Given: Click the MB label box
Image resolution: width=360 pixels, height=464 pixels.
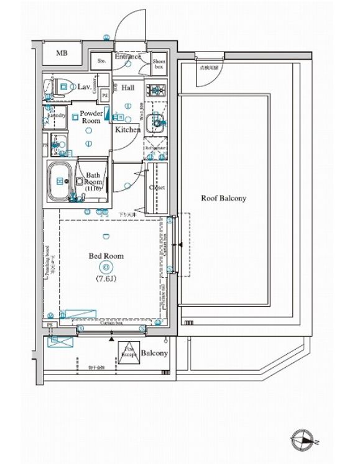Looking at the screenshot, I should pyautogui.click(x=62, y=53).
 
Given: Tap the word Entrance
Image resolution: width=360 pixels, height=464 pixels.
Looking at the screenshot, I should pyautogui.click(x=128, y=57).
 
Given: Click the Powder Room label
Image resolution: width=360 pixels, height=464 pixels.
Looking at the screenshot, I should pyautogui.click(x=91, y=117).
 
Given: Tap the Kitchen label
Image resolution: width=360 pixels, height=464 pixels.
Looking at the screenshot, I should pyautogui.click(x=127, y=130).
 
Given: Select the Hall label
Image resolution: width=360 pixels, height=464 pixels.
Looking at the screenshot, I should pyautogui.click(x=127, y=88).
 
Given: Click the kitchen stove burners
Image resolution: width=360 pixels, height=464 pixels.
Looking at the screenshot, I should pyautogui.click(x=156, y=90).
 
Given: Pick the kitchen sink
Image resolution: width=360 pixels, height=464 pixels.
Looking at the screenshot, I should pyautogui.click(x=156, y=122).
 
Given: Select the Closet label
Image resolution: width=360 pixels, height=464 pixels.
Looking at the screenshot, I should pyautogui.click(x=157, y=187).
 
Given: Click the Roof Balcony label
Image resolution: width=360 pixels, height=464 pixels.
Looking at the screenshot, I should pyautogui.click(x=223, y=199).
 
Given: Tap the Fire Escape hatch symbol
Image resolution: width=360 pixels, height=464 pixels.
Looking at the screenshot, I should pyautogui.click(x=129, y=353).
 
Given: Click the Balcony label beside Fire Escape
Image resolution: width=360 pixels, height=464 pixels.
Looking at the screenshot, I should pyautogui.click(x=154, y=353).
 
